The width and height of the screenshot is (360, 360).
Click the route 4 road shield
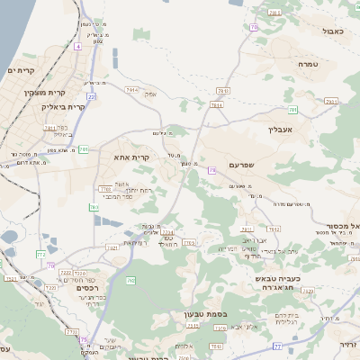coord(78,45)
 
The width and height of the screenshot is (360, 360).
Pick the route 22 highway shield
coord(92,95)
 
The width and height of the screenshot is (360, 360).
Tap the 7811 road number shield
coord(49,128)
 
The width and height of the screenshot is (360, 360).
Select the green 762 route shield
coord(131,282)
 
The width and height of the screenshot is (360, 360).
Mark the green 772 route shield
coord(40,255)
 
